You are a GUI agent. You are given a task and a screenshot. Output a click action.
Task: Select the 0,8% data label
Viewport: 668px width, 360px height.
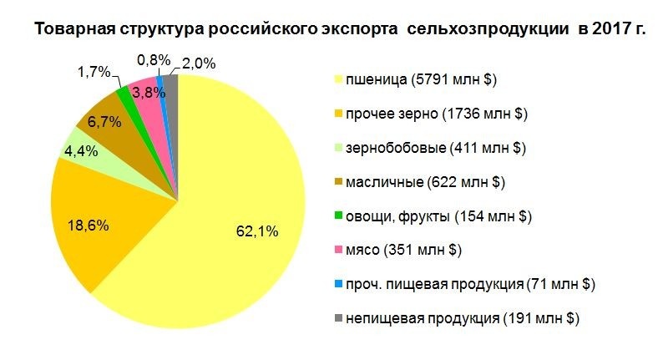154,59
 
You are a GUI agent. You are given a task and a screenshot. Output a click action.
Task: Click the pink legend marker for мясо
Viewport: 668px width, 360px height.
337,250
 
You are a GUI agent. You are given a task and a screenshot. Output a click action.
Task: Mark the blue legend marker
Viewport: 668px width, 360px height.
337,284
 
